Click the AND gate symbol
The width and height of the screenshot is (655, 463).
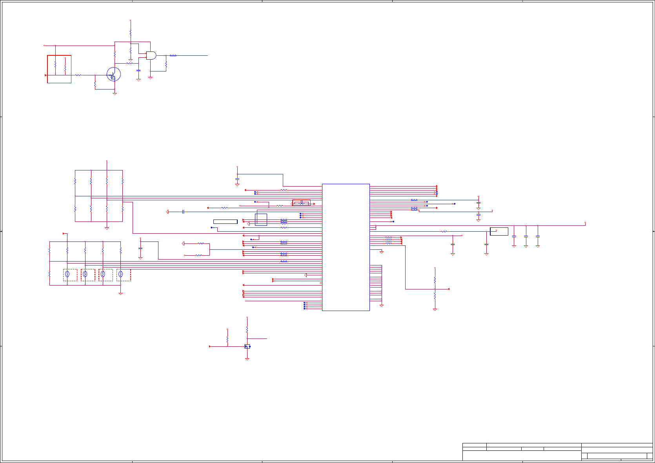(151, 55)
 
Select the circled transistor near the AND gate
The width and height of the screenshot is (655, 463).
(114, 74)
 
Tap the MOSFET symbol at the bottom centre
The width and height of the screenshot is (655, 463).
(247, 346)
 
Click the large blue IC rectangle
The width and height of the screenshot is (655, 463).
(346, 247)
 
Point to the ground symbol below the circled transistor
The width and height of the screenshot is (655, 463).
(115, 94)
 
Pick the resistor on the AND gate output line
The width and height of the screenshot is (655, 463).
(173, 56)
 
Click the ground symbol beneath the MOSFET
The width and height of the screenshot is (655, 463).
(247, 359)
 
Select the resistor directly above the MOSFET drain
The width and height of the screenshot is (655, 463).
(247, 329)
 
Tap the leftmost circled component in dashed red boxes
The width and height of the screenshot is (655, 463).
(67, 275)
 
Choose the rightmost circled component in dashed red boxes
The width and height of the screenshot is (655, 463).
(121, 275)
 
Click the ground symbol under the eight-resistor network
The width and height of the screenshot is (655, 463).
(107, 228)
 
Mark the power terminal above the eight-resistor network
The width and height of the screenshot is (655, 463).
(107, 161)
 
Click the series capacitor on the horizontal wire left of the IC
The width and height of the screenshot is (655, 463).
(183, 212)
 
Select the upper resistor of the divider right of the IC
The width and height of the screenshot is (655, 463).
(435, 280)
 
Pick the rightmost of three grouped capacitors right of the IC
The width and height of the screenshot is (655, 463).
(538, 236)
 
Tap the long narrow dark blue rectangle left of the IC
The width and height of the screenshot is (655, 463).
(225, 221)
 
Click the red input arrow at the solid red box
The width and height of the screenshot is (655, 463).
(46, 75)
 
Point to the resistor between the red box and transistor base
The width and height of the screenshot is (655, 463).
(78, 75)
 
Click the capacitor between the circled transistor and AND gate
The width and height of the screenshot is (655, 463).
(138, 70)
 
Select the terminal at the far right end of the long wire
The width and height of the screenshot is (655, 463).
(585, 223)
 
